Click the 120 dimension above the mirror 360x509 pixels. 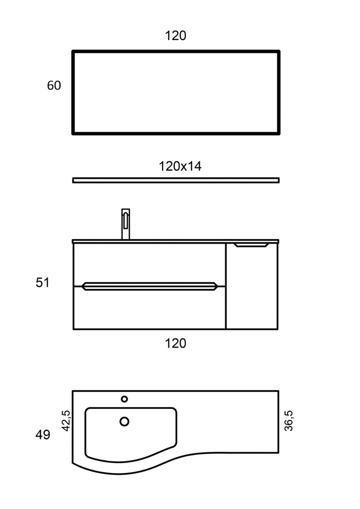point(175,36)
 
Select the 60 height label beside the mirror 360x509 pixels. point(54,85)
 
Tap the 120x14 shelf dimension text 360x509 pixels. point(180,166)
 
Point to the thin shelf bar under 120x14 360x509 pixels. point(175,180)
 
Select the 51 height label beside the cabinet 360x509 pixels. point(43,283)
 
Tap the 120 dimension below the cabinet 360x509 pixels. point(175,344)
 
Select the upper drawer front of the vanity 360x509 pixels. point(148,263)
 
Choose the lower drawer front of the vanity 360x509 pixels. point(148,310)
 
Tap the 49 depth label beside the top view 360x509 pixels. point(43,435)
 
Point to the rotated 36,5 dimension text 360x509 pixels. point(288,420)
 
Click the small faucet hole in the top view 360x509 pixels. point(125,399)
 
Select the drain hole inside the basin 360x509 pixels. point(125,421)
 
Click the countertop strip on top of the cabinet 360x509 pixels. point(175,241)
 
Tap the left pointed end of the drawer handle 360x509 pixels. point(84,286)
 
